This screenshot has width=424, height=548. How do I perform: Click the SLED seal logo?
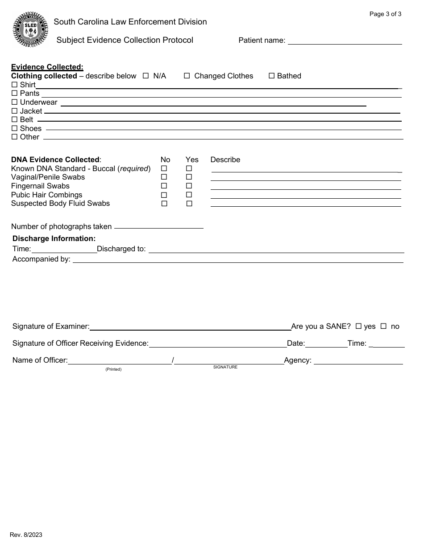click(30, 30)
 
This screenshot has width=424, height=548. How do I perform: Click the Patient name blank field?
click(345, 41)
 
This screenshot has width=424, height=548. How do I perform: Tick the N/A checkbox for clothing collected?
click(145, 76)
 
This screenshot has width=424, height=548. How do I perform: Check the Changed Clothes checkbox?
click(187, 76)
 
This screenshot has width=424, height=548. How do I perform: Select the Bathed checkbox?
click(271, 76)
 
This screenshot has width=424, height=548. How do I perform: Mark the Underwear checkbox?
click(14, 102)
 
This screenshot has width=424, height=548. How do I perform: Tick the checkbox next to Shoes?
click(14, 129)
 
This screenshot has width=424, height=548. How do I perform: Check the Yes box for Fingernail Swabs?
click(189, 186)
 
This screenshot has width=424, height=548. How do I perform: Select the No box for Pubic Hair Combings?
click(164, 195)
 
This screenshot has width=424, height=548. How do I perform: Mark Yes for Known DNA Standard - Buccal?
click(189, 169)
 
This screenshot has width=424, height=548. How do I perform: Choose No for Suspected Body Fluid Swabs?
click(164, 204)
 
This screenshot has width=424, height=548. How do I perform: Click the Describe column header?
click(225, 160)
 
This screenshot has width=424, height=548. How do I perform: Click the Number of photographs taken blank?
click(158, 226)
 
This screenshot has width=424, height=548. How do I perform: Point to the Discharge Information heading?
click(54, 239)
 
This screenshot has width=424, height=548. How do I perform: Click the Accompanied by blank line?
click(238, 259)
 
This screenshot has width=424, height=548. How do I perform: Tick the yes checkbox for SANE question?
click(358, 327)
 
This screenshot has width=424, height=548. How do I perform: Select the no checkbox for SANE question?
click(383, 327)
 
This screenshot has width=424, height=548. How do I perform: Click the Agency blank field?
click(358, 360)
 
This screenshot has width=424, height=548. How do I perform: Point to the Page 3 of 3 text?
click(385, 14)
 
